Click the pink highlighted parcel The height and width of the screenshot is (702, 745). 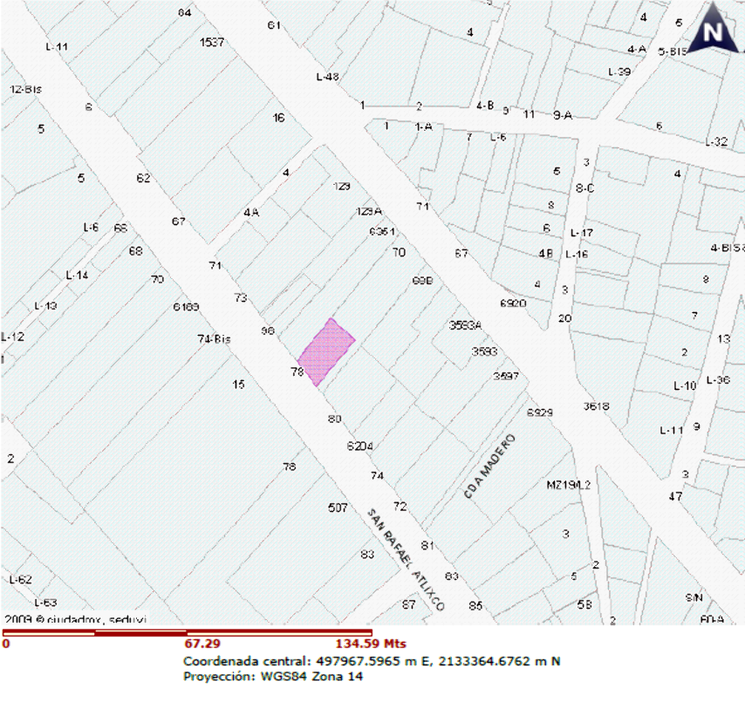point(326,352)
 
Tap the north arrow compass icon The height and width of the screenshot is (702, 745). point(714,31)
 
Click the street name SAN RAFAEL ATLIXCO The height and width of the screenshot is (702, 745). point(407,560)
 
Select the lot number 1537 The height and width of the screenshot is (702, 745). point(212,42)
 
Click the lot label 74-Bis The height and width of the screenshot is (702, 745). point(214,339)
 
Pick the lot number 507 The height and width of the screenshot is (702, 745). point(338,508)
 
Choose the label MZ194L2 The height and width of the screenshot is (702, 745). point(569,485)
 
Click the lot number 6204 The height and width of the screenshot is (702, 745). point(359,446)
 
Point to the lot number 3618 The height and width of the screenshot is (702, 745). point(596,406)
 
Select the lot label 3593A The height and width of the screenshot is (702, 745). point(465,324)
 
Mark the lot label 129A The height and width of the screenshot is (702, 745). point(370,211)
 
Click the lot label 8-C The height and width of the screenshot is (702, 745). point(584,187)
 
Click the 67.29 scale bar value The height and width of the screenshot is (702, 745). point(200,644)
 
